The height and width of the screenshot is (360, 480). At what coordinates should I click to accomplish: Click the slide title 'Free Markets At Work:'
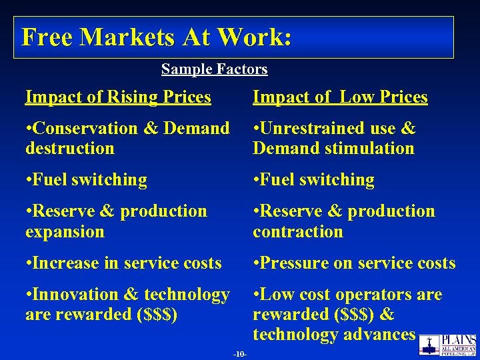[156, 37]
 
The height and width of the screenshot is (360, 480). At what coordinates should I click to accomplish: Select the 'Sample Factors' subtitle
[214, 69]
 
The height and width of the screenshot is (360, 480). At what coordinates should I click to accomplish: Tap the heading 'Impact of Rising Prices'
[118, 97]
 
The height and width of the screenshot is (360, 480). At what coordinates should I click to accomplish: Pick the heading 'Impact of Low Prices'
[340, 97]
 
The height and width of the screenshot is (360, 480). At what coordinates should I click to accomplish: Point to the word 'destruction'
[70, 148]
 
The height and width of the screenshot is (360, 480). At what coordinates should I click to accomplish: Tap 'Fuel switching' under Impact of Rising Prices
[86, 180]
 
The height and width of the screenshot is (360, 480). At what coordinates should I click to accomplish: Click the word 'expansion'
[65, 232]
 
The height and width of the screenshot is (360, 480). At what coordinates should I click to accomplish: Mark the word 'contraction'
[298, 232]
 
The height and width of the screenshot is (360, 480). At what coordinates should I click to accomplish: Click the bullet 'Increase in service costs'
[123, 263]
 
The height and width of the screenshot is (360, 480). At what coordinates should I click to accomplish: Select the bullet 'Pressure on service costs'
[354, 263]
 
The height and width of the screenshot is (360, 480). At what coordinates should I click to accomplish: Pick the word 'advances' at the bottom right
[381, 335]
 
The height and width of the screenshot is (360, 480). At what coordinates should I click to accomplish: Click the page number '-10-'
[240, 354]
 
